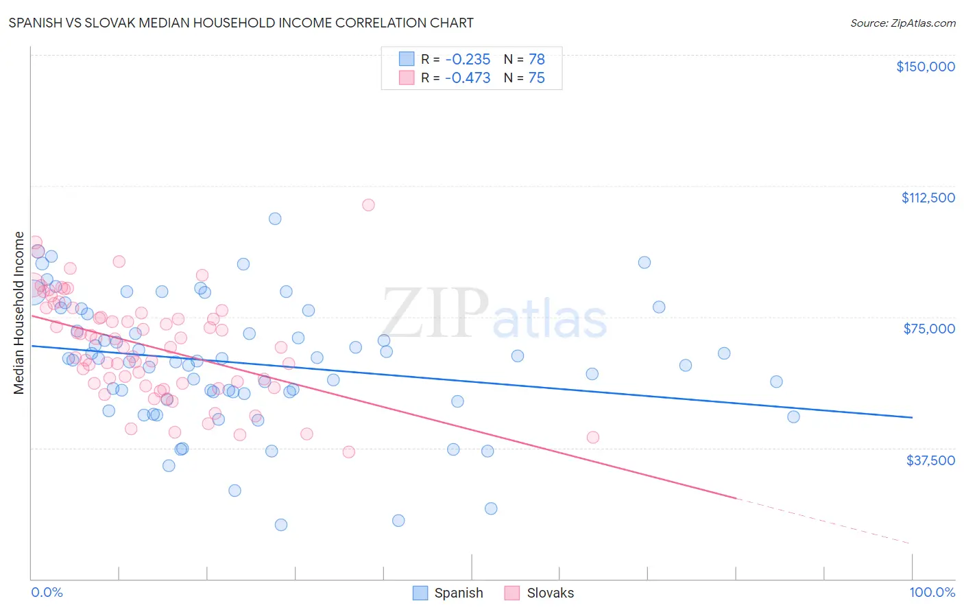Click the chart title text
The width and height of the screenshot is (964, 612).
tap(241, 23)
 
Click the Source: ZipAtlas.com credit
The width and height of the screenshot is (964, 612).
tap(902, 23)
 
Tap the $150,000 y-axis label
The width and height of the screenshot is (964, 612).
tap(925, 67)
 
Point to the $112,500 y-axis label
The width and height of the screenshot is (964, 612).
tap(928, 198)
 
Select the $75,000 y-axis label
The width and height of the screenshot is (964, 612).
tap(929, 329)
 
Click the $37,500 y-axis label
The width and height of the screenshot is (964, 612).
tap(930, 460)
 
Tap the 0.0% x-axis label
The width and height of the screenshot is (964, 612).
tap(47, 592)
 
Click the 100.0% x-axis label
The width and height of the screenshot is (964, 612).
tap(932, 592)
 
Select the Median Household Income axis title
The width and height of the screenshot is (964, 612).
tap(19, 313)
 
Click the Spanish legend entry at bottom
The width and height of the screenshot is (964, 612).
tap(458, 593)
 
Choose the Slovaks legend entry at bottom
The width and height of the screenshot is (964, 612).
tap(550, 593)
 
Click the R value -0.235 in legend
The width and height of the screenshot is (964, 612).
tap(468, 59)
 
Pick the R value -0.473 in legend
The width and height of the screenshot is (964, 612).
tap(468, 78)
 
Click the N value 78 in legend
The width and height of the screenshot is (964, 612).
tap(536, 59)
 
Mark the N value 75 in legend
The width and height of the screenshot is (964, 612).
tap(536, 78)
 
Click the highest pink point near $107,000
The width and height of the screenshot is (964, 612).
tap(368, 204)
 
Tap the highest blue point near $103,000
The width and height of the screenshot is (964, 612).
tap(275, 218)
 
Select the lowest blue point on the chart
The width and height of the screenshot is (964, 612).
tap(281, 525)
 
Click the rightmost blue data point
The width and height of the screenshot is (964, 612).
tap(793, 416)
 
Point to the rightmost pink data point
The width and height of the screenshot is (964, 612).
tap(593, 437)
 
